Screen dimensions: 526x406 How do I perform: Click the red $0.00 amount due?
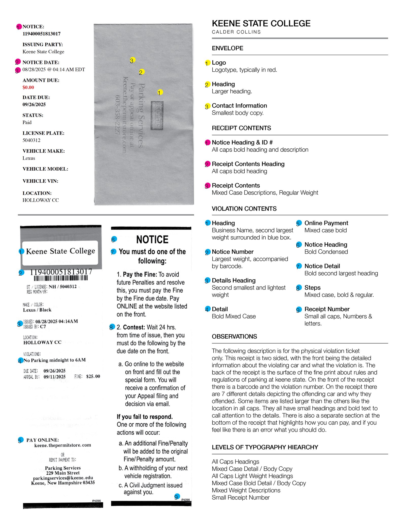click(x=28, y=87)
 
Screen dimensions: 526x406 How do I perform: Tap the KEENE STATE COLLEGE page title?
click(x=261, y=23)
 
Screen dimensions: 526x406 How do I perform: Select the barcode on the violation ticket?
click(x=61, y=278)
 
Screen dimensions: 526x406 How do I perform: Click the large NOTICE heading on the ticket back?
click(x=152, y=240)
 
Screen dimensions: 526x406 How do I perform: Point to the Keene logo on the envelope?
click(x=157, y=116)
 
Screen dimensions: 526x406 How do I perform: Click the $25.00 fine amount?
click(x=93, y=376)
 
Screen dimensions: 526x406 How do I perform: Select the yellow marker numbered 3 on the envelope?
click(x=132, y=60)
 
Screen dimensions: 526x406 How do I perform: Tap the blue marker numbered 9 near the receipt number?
click(x=177, y=497)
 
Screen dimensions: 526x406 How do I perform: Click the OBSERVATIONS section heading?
click(x=234, y=337)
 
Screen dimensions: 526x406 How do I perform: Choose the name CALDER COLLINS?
click(x=236, y=32)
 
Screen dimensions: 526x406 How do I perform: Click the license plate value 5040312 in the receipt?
click(x=31, y=140)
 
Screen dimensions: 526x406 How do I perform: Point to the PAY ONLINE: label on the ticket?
click(x=43, y=440)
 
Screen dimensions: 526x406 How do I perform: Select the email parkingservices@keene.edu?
click(x=63, y=478)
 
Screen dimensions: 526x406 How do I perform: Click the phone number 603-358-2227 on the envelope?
click(x=117, y=115)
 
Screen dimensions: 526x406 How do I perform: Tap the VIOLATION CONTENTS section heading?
click(x=244, y=209)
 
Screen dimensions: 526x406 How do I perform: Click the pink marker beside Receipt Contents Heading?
click(x=208, y=164)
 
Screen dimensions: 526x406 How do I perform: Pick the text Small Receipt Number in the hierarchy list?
click(x=241, y=498)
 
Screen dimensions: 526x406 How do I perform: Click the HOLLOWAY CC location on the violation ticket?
click(x=42, y=342)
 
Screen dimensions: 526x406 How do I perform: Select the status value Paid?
click(x=27, y=122)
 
